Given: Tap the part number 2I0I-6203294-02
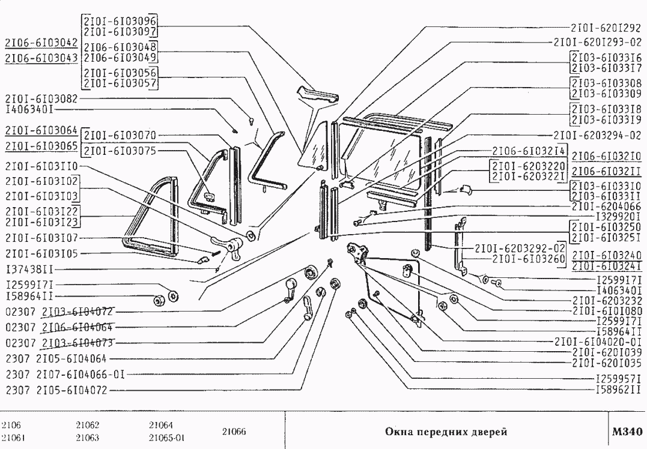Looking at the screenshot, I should point(598,134).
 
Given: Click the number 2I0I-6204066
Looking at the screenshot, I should point(606,206).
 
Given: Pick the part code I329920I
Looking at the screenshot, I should point(618,216).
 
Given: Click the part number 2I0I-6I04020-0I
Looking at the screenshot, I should point(599,341).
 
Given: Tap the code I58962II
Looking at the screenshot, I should point(619,390).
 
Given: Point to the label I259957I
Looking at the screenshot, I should point(619,379).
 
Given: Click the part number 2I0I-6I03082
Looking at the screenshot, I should point(40,98).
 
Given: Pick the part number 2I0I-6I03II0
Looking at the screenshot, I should point(40,166).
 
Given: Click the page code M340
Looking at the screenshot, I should point(627,430).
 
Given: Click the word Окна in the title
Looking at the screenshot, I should point(396,431).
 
